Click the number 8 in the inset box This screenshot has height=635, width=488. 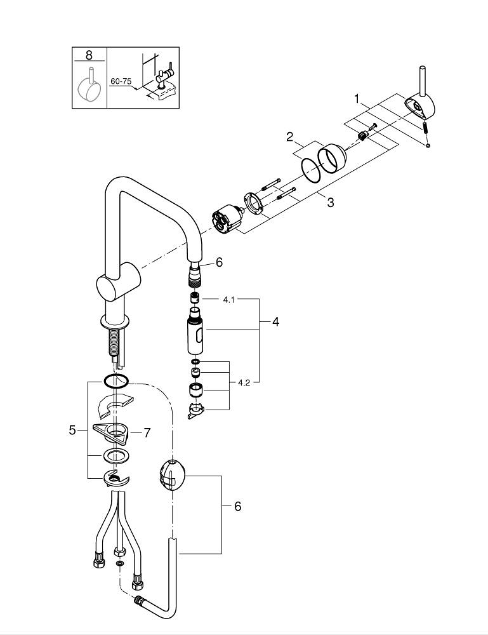[89, 55]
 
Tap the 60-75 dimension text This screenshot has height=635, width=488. [121, 81]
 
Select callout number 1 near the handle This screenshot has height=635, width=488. [357, 99]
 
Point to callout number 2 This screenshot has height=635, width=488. [289, 136]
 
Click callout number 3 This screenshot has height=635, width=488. [330, 203]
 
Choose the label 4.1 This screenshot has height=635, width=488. [228, 298]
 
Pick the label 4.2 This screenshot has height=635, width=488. [244, 383]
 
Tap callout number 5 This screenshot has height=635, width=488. [72, 430]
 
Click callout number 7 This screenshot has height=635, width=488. [147, 432]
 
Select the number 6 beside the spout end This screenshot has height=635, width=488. [219, 262]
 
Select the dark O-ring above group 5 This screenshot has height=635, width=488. [115, 381]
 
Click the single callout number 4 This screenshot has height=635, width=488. [275, 322]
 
